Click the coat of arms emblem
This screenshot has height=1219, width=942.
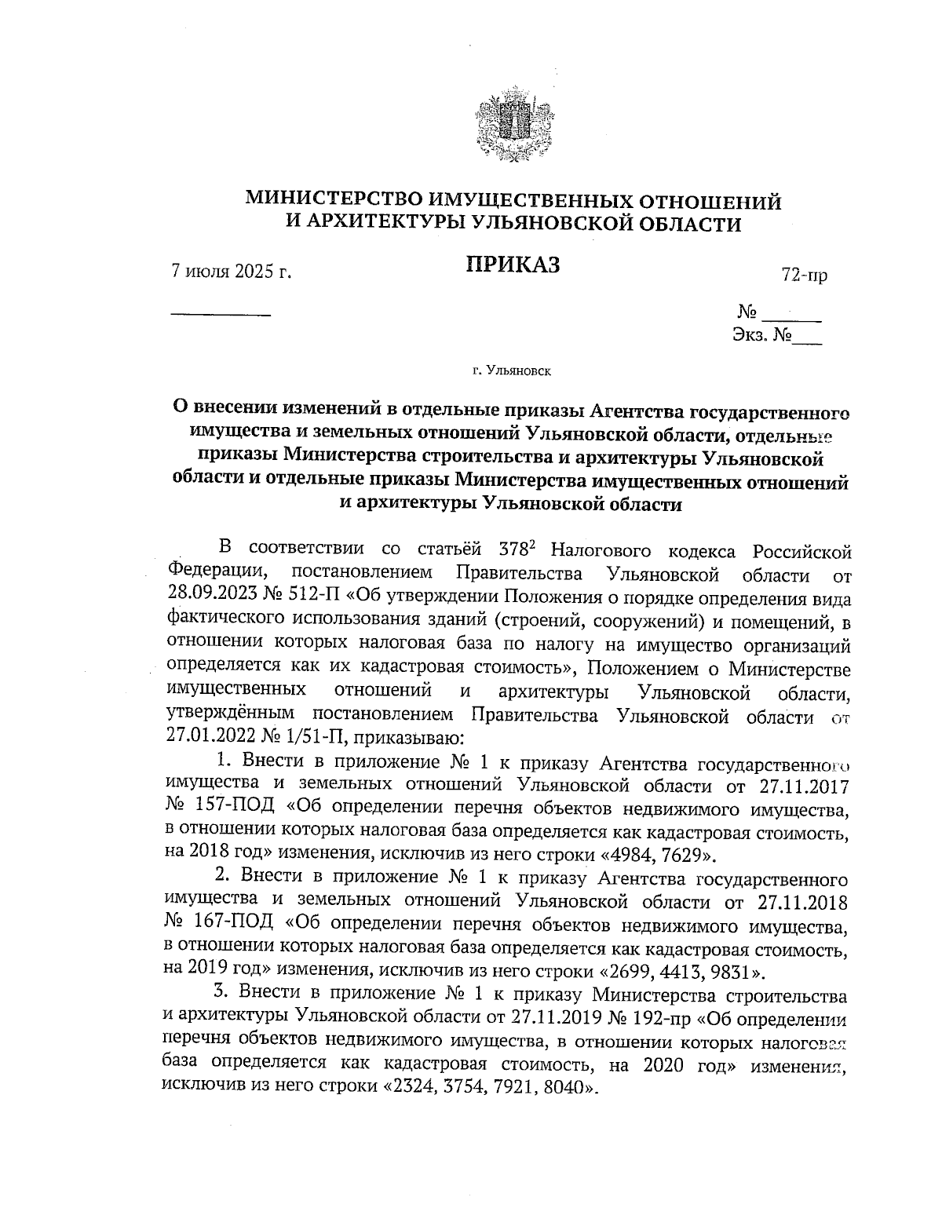(510, 129)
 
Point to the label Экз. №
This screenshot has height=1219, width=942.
(761, 336)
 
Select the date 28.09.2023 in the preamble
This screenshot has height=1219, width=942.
(206, 597)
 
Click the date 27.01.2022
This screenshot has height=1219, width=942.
(206, 737)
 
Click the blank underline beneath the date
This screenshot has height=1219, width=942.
(221, 314)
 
